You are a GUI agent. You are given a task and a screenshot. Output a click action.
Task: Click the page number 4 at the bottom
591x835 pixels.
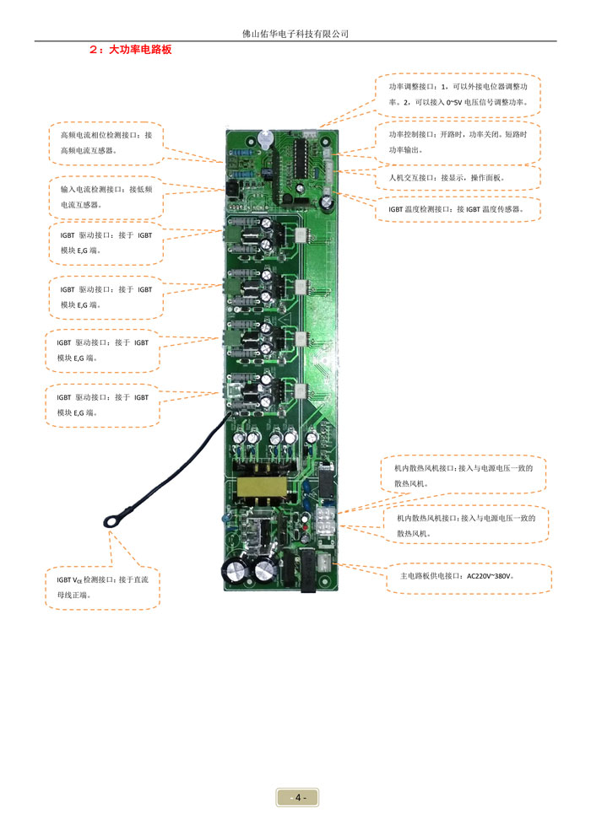tap(297, 797)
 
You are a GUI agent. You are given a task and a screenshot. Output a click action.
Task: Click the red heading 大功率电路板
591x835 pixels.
tap(140, 50)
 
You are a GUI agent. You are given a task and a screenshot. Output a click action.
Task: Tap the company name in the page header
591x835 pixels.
tap(295, 34)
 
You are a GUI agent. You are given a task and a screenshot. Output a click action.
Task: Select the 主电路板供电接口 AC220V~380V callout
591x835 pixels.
tap(467, 579)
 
